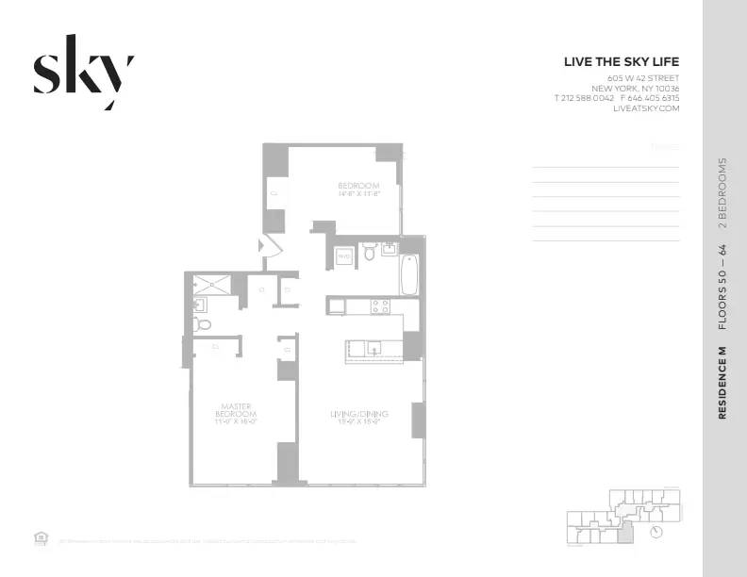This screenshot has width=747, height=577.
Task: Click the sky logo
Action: pos(83,72)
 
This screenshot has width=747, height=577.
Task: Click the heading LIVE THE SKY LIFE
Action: pos(622,62)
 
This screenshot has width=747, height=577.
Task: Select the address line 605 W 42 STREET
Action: pos(643,77)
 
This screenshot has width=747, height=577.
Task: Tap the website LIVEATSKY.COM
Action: pos(646,108)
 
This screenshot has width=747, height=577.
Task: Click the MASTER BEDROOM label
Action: pos(234,411)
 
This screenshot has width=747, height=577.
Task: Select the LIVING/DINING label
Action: pos(359,416)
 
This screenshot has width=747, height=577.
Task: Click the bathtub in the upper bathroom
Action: pos(410,273)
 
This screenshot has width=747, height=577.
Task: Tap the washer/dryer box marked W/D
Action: pos(344,255)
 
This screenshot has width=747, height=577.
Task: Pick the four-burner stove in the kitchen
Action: pos(380,306)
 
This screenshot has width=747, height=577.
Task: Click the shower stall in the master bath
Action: pos(211,284)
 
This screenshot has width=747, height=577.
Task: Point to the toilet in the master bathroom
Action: pos(202,324)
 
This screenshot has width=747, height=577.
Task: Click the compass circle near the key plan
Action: pos(656,531)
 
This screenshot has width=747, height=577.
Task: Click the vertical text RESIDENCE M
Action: pos(722,383)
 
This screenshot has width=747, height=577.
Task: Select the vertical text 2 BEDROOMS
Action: pos(722,193)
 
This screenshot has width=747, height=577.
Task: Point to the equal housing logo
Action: pos(40,538)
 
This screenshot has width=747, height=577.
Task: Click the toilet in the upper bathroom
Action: pos(370,253)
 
